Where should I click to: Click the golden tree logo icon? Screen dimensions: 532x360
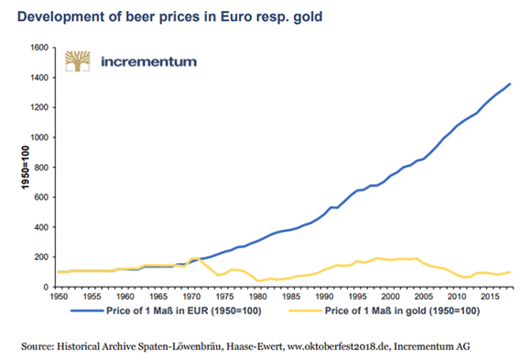point(78,61)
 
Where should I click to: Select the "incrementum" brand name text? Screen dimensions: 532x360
point(149,61)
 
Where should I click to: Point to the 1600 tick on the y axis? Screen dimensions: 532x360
point(39,48)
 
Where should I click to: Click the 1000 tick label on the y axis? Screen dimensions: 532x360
point(39,137)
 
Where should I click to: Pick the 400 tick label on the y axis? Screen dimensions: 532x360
point(41,227)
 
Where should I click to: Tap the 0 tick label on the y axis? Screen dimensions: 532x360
point(46,287)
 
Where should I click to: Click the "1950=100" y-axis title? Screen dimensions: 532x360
point(26,168)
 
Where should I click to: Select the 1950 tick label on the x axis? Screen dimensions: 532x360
point(59,297)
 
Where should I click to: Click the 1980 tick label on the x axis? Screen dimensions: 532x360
point(258,297)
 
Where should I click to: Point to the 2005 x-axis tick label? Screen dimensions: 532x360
point(424,297)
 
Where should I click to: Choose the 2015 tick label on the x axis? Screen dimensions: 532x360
point(490,297)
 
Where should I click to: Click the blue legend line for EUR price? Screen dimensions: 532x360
point(87,311)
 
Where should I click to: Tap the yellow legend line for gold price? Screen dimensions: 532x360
point(305,311)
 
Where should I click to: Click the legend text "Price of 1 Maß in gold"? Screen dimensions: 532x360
point(375,311)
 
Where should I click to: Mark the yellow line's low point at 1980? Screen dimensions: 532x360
point(258,281)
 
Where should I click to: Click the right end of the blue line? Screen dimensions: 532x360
point(510,83)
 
